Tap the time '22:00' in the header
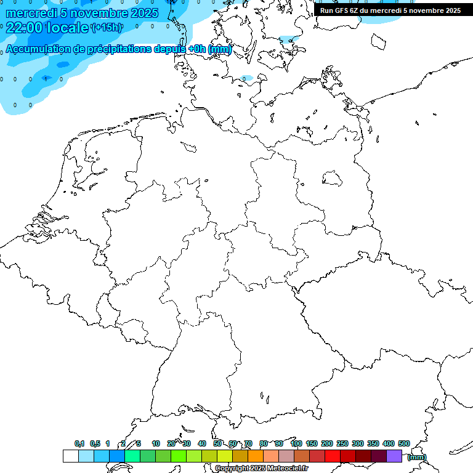pyautogui.click(x=25, y=27)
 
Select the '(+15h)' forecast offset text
pyautogui.click(x=107, y=27)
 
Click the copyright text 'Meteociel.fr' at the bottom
pyautogui.click(x=287, y=469)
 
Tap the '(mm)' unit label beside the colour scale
pyautogui.click(x=417, y=457)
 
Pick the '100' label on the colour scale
pyautogui.click(x=296, y=443)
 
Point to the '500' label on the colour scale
pyautogui.click(x=404, y=443)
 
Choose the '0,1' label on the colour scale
pyautogui.click(x=79, y=443)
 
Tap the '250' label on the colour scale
pyautogui.click(x=342, y=443)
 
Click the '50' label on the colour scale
pyautogui.click(x=217, y=443)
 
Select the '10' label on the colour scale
pyautogui.click(x=156, y=443)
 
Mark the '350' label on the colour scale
pyautogui.click(x=373, y=443)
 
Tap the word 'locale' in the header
pyautogui.click(x=68, y=27)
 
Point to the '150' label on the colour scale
pyautogui.click(x=312, y=443)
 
